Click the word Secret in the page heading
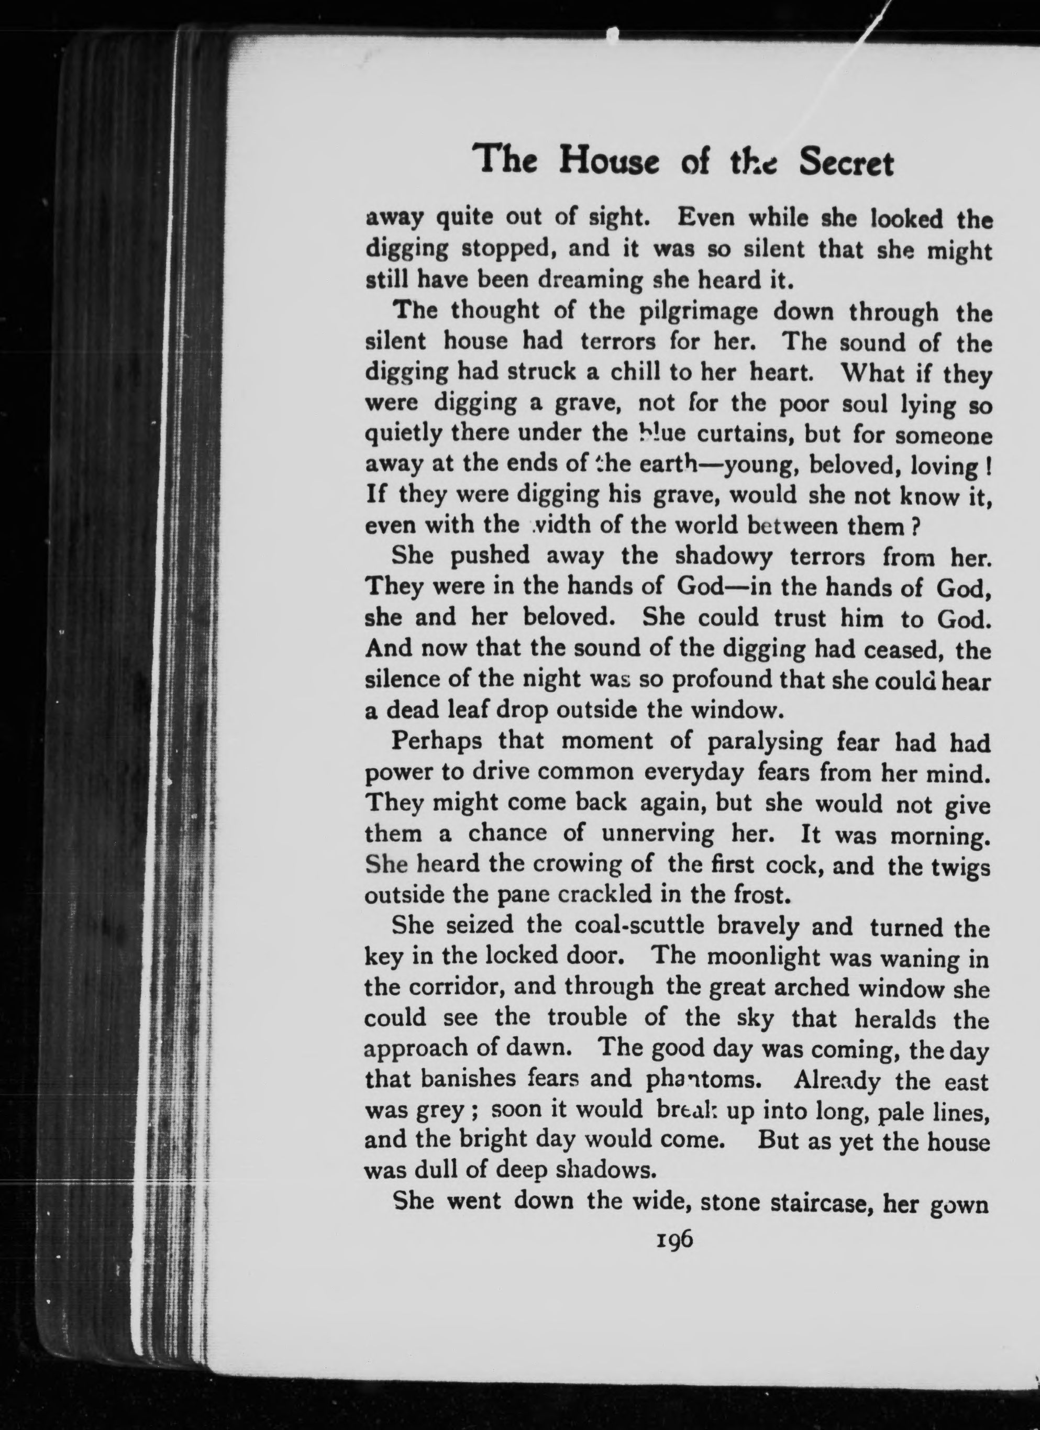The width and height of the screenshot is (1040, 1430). [x=846, y=164]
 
